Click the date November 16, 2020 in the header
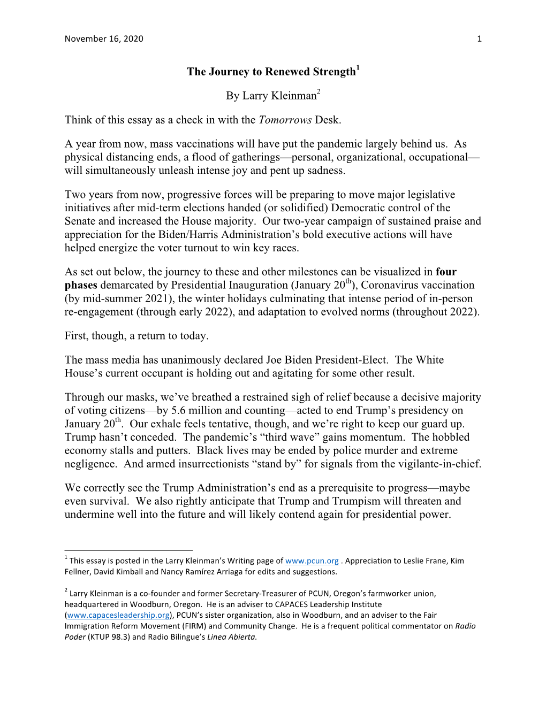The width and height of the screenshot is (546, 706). [x=104, y=39]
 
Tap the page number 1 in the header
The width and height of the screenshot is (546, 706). [x=479, y=39]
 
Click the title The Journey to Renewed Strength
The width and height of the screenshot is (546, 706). [x=271, y=72]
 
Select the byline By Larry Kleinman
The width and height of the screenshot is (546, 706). [x=271, y=96]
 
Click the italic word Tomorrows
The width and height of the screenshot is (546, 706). [x=285, y=120]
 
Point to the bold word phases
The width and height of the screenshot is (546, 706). [x=81, y=285]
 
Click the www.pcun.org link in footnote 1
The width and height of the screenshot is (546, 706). [x=312, y=561]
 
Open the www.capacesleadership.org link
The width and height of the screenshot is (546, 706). [x=118, y=615]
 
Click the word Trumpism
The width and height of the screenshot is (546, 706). [x=362, y=501]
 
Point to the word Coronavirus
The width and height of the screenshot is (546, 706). [x=393, y=285]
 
